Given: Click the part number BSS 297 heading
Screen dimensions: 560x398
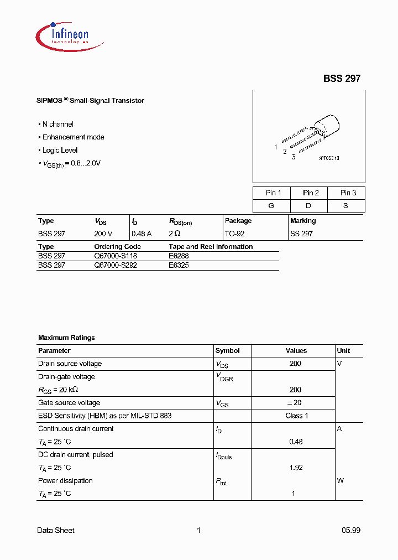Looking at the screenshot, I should (342, 79).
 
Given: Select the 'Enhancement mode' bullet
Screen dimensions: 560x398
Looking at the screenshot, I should (73, 137).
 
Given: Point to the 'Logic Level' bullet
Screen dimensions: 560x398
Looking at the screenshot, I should (60, 151).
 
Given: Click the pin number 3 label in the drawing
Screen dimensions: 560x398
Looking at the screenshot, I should (294, 157).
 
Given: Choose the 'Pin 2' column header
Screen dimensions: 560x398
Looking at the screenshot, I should (311, 193).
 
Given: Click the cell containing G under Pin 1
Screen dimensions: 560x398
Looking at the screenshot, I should (271, 206).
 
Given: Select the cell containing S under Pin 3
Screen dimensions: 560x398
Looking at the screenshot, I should (346, 206).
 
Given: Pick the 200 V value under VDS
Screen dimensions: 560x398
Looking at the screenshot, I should (103, 234).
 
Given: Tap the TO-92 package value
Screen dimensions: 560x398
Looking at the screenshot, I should (234, 234).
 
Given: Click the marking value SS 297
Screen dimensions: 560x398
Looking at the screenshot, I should (301, 234).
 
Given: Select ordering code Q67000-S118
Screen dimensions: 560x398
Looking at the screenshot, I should (116, 256).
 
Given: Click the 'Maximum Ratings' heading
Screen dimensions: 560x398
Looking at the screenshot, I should (66, 338).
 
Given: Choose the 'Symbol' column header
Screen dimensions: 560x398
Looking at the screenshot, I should (227, 351).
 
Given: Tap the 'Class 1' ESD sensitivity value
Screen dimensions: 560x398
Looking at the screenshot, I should (296, 416).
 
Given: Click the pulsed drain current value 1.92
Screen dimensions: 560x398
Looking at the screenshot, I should (296, 468).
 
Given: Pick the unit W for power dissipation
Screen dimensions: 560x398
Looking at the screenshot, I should (340, 481).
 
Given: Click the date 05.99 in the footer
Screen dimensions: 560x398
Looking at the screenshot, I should (350, 530).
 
